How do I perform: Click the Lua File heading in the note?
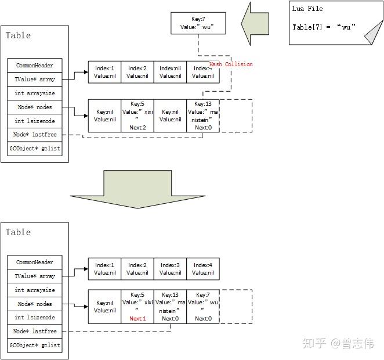(308, 9)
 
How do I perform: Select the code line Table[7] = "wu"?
(324, 27)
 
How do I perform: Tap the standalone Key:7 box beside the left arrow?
(198, 23)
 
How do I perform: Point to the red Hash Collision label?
(231, 64)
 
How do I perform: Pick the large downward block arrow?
(137, 189)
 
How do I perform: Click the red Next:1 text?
(137, 319)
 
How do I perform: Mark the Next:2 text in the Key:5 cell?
(137, 127)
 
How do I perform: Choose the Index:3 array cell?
(171, 269)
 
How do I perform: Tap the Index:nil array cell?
(171, 72)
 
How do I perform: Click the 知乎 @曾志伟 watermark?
(338, 344)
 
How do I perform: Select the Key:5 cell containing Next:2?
(137, 116)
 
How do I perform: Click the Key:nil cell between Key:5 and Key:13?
(171, 116)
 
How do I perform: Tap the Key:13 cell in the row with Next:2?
(203, 116)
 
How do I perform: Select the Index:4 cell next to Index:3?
(203, 269)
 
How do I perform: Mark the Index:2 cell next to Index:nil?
(137, 72)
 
